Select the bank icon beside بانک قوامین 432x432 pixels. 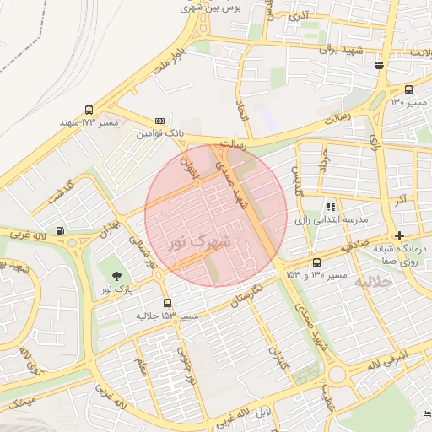pos(159,121)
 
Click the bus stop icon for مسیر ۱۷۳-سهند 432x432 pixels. pos(89,110)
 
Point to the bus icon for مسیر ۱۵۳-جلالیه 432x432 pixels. pos(167,303)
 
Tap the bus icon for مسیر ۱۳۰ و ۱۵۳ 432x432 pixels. pos(316,262)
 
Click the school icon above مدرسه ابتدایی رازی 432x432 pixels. pos(331,206)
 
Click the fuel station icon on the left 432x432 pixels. pos(60,230)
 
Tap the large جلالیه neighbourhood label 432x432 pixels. pos(376,282)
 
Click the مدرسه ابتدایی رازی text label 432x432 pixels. pos(332,219)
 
